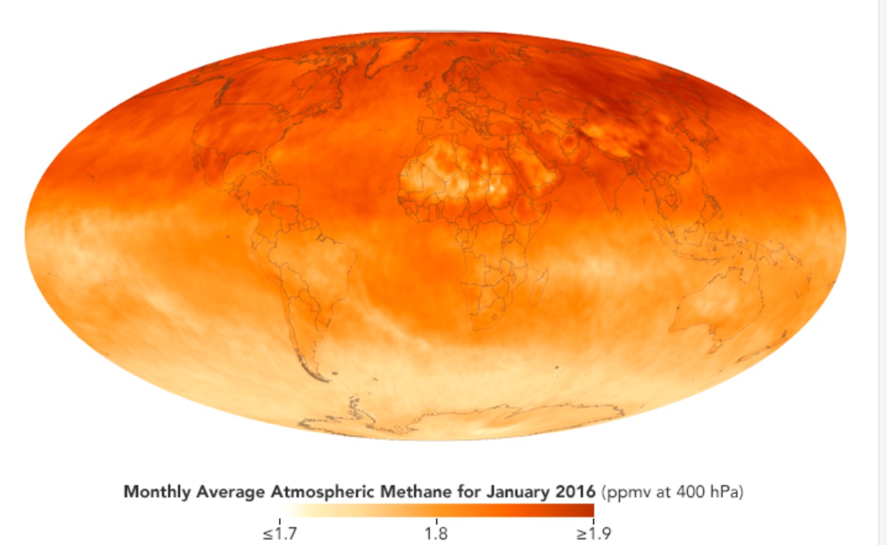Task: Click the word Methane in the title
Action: click(415, 492)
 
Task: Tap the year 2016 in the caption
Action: click(574, 492)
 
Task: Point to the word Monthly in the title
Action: click(157, 492)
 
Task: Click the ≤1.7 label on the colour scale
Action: click(279, 533)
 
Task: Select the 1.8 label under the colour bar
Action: click(436, 533)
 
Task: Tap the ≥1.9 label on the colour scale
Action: click(594, 533)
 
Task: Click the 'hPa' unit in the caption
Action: click(725, 492)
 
